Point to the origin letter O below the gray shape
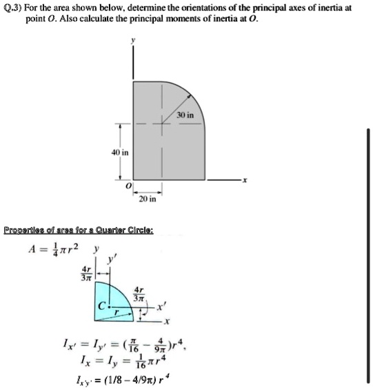coord(127,187)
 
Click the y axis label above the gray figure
coord(134,41)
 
